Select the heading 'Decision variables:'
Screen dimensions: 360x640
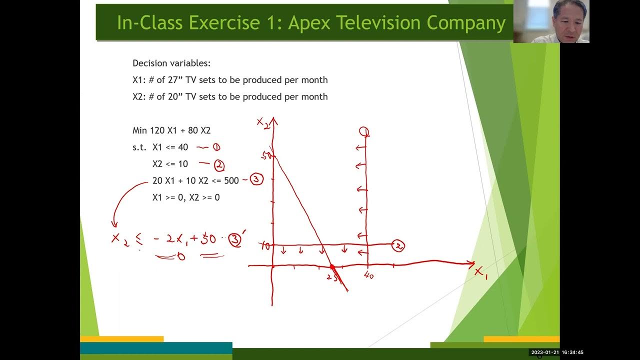click(171, 63)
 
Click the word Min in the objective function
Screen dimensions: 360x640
click(140, 130)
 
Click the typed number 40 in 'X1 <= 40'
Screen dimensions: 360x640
click(182, 147)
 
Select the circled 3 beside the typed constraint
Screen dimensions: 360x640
click(256, 179)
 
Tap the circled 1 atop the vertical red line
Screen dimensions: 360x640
click(364, 132)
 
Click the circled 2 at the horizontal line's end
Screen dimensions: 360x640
click(398, 245)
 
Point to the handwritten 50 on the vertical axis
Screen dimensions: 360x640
click(266, 155)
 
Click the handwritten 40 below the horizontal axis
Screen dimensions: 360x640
click(369, 275)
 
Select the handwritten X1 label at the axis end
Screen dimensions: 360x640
click(481, 272)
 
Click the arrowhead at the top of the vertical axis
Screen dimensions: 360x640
click(274, 121)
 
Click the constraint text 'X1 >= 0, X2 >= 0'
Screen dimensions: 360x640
click(186, 197)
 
